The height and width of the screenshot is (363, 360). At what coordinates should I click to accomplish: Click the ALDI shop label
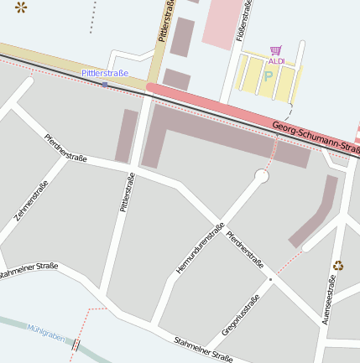click(x=276, y=61)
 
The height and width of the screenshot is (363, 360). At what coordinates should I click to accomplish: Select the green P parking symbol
click(x=269, y=75)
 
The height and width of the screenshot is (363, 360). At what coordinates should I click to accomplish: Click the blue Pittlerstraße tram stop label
click(x=105, y=74)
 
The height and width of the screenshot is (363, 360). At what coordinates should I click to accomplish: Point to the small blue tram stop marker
click(x=104, y=84)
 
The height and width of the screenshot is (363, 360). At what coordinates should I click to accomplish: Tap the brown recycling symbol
click(x=337, y=266)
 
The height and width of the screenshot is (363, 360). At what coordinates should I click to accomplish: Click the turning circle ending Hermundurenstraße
click(x=262, y=176)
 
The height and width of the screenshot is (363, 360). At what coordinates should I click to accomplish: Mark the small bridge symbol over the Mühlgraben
click(x=76, y=345)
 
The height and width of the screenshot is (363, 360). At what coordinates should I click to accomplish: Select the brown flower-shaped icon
click(x=21, y=8)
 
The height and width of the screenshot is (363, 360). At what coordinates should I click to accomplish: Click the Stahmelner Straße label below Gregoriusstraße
click(x=202, y=349)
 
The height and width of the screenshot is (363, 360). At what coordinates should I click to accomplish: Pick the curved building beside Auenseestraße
click(x=315, y=215)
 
